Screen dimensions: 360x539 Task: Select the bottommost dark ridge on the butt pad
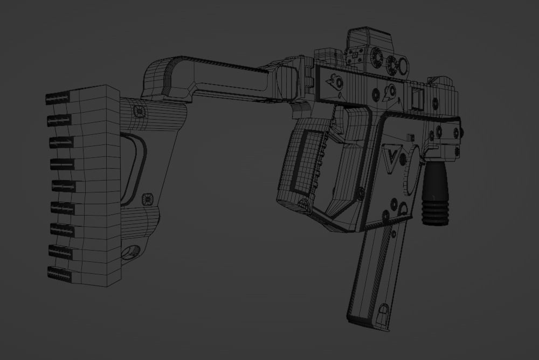pos(59,273)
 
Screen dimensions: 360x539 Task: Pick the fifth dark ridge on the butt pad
pos(64,186)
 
